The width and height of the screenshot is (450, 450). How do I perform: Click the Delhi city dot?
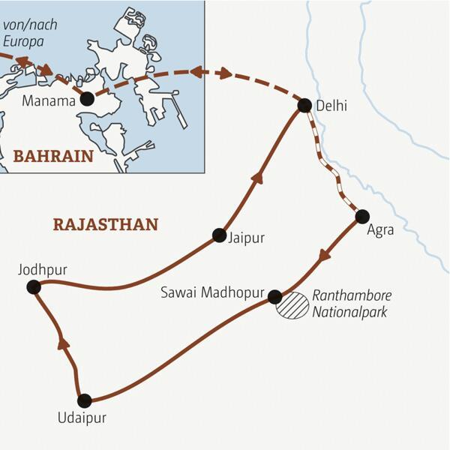(x=304, y=106)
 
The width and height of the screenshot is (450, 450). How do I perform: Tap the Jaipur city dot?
(x=219, y=235)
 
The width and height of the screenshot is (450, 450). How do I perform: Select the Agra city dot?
(x=362, y=217)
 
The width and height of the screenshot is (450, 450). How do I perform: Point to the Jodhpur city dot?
(x=33, y=286)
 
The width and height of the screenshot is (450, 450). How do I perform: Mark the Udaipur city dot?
(x=84, y=400)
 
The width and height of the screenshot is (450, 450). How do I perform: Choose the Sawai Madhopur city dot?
(x=275, y=296)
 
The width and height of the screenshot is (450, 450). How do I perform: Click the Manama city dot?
(x=87, y=98)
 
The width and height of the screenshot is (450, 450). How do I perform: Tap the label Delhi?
(x=333, y=106)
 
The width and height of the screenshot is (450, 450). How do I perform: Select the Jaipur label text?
(x=248, y=238)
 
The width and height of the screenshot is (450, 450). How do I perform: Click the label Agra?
(x=380, y=231)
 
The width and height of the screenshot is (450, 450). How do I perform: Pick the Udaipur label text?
(x=83, y=419)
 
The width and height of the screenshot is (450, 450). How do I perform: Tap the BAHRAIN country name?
(x=52, y=157)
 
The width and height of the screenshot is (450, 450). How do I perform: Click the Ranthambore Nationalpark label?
(x=352, y=303)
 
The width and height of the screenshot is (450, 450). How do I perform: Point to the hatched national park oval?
(x=292, y=306)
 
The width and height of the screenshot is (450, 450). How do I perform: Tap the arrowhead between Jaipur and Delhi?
(x=259, y=177)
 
